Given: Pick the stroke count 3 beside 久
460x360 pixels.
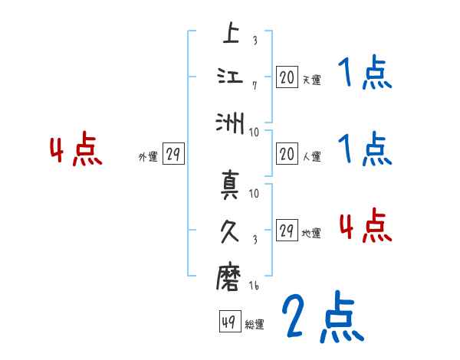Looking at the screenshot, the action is click(x=255, y=238).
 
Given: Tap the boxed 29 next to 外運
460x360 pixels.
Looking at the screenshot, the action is click(x=172, y=155).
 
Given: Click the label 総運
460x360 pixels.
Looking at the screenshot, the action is click(x=255, y=325).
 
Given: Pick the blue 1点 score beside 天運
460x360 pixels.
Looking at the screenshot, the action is click(x=366, y=74).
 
